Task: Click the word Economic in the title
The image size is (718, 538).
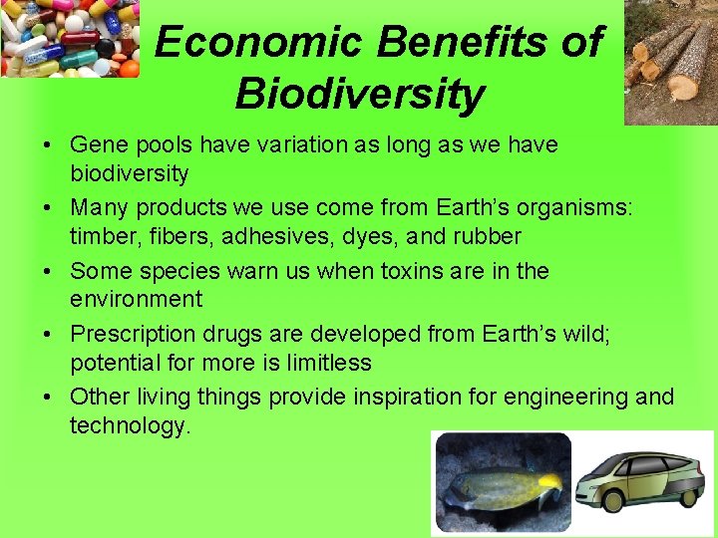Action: click(259, 42)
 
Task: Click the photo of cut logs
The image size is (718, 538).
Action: click(670, 62)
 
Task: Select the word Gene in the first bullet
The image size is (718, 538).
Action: click(95, 144)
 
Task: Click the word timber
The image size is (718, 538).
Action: click(101, 236)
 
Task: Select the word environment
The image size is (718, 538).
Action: click(136, 299)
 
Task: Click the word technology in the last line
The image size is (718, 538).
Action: click(129, 425)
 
